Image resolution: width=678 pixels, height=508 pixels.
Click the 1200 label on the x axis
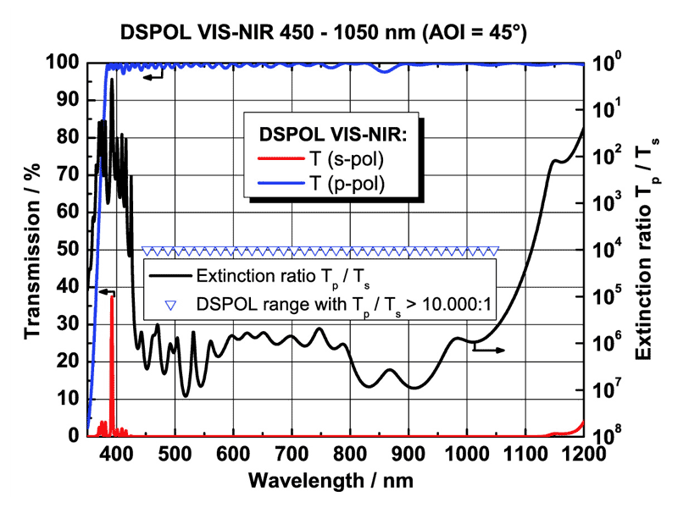(583, 454)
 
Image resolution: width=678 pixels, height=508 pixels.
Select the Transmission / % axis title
(32, 250)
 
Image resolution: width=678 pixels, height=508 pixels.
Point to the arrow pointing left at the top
(153, 77)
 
